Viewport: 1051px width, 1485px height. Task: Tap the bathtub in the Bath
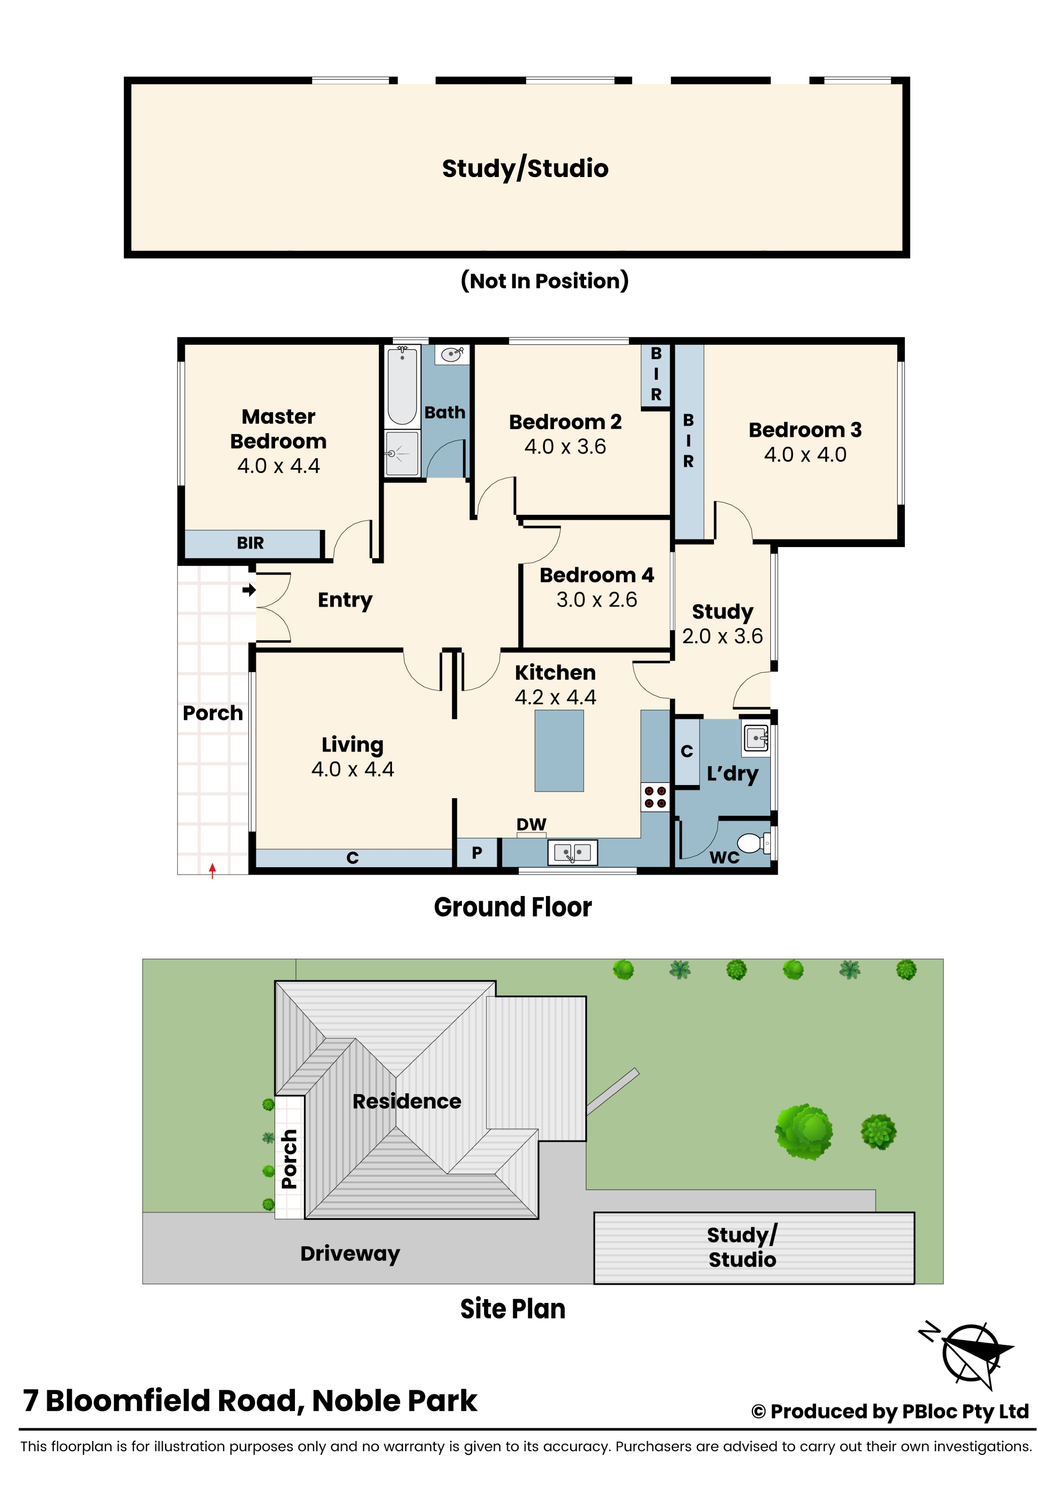pos(402,385)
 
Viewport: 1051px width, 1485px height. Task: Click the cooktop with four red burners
pos(655,797)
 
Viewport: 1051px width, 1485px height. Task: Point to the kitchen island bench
pos(559,750)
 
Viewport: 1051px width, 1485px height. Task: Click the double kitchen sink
pos(572,852)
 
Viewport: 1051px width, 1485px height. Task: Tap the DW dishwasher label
pos(531,824)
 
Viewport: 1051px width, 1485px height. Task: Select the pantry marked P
pos(477,852)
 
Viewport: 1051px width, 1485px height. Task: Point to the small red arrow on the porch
pos(212,871)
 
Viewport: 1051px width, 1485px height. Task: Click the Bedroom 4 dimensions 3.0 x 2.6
pos(597,600)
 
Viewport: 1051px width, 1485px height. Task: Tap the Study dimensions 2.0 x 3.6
pos(722,636)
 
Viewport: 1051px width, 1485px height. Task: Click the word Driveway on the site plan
pos(350,1253)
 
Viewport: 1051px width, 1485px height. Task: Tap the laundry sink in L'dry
pos(756,737)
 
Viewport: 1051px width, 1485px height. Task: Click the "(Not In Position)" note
pos(544,281)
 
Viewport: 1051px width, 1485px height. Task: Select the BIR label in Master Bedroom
pos(250,543)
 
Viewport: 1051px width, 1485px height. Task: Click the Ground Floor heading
pos(512,907)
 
